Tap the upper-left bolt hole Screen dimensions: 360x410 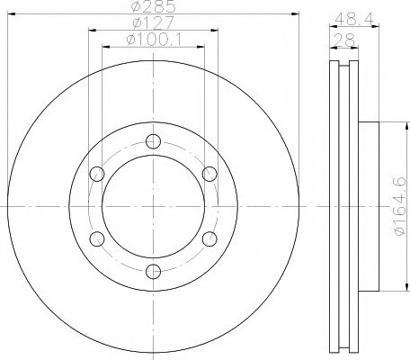pyautogui.click(x=95, y=173)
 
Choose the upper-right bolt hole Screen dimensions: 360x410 pyautogui.click(x=209, y=173)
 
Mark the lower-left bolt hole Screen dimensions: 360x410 pyautogui.click(x=95, y=238)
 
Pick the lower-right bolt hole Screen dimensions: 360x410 pyautogui.click(x=209, y=238)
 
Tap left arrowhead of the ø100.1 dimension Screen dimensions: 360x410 pyautogui.click(x=102, y=45)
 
